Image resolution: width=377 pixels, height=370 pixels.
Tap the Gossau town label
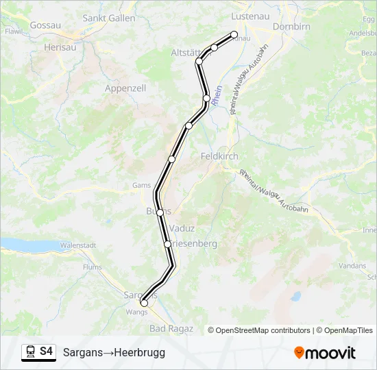45,25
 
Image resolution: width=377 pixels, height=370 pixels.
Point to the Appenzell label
126,88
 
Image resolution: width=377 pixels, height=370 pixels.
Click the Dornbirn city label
291,27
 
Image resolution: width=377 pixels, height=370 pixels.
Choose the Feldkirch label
219,156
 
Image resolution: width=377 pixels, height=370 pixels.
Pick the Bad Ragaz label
171,329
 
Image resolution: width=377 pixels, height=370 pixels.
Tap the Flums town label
91,267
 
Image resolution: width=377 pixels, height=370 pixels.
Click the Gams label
141,185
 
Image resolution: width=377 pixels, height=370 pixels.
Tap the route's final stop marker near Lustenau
234,34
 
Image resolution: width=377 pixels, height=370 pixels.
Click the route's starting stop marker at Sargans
144,303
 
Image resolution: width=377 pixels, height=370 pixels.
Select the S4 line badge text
46,351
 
